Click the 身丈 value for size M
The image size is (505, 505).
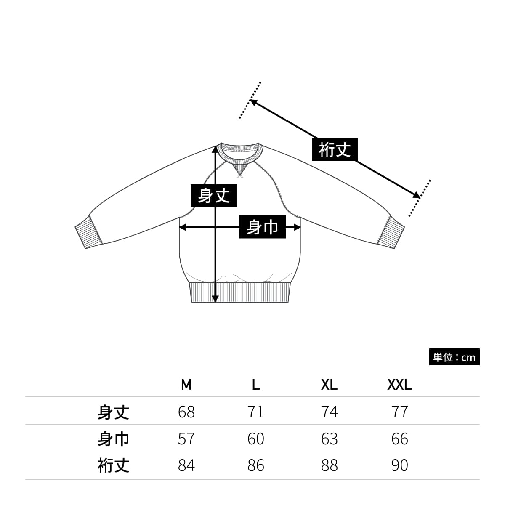tap(186, 412)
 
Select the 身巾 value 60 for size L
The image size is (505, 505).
tap(256, 439)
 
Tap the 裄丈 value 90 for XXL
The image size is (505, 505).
tap(399, 465)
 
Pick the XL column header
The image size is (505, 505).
tap(329, 385)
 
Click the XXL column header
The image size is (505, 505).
tap(399, 385)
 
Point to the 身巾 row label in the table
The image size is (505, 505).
tap(113, 439)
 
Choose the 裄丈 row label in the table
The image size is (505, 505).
tap(113, 465)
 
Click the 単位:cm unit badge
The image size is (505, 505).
tap(454, 357)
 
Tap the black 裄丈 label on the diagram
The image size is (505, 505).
tap(335, 149)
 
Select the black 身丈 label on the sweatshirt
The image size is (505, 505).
tap(214, 196)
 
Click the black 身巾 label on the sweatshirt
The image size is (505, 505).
tap(262, 227)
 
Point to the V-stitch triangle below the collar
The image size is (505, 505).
tap(240, 170)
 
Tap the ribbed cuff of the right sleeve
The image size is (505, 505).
tap(391, 232)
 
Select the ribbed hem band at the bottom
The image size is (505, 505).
tap(240, 292)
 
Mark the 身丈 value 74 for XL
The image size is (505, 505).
tap(329, 412)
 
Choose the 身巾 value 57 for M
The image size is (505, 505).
tap(186, 439)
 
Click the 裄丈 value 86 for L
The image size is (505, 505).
tap(256, 465)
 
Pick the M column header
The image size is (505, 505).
tap(186, 385)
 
